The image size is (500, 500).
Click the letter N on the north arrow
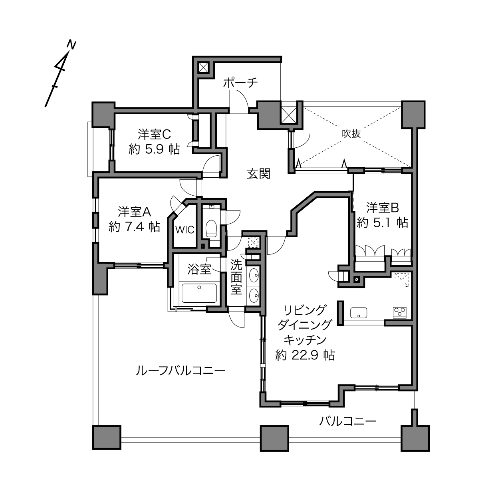click(x=71, y=45)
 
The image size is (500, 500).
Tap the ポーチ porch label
click(x=240, y=83)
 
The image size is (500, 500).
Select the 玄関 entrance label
click(x=259, y=174)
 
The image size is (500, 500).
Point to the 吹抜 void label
click(x=351, y=134)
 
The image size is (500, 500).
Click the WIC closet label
click(x=185, y=230)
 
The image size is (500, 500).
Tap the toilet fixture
click(x=211, y=228)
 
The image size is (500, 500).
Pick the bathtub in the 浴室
click(x=199, y=293)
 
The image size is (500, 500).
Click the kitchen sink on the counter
click(x=358, y=313)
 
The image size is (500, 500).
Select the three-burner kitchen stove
click(x=400, y=312)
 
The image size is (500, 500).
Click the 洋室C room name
click(x=154, y=135)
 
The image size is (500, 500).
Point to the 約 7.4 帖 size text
click(x=134, y=227)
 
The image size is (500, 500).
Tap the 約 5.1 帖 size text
click(x=383, y=222)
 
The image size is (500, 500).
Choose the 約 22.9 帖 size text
click(x=305, y=355)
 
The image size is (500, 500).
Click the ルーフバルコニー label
click(x=181, y=371)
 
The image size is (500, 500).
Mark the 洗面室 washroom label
click(x=236, y=277)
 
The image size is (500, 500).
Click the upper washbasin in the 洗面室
click(x=254, y=275)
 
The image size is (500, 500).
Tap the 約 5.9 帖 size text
click(x=154, y=149)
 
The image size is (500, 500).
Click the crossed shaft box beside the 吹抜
click(x=289, y=115)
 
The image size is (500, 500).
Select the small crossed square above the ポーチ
click(x=203, y=68)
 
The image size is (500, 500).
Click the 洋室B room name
click(x=383, y=208)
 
